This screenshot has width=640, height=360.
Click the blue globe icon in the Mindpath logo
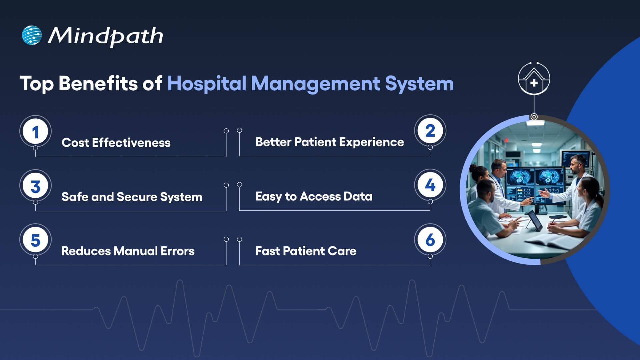32,35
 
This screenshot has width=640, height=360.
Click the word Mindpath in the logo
105,36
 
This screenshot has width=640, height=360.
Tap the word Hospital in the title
206,83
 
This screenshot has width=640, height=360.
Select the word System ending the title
419,84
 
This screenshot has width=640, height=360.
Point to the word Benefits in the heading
98,83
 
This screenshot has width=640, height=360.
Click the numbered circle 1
35,132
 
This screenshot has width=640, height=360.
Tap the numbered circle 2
430,131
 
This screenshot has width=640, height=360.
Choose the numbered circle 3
35,186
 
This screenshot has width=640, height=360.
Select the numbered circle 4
430,185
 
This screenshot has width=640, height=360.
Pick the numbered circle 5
35,240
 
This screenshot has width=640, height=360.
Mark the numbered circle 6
430,239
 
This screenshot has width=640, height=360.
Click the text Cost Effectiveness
116,143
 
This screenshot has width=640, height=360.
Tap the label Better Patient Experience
329,142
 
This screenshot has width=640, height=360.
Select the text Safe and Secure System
132,197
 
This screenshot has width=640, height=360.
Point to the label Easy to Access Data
314,196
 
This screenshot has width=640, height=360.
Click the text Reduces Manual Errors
128,251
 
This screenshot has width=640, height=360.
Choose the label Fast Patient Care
306,251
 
